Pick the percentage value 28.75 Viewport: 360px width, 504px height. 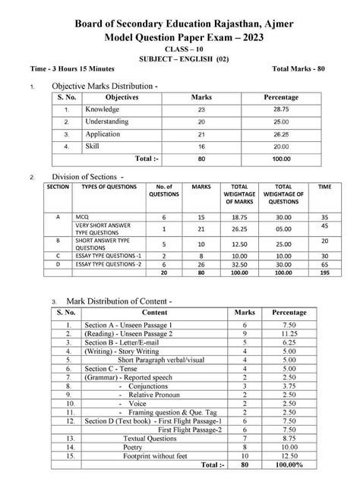point(280,110)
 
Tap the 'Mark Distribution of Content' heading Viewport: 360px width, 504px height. point(112,301)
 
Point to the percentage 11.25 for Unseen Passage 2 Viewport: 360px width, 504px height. point(290,333)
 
